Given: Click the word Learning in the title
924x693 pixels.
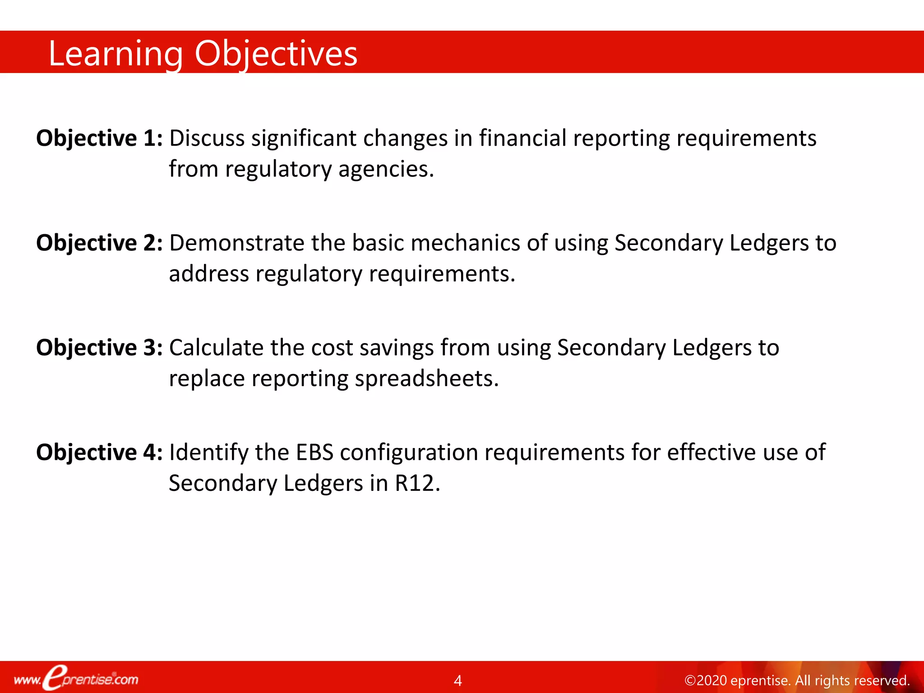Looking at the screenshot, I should click(x=115, y=54).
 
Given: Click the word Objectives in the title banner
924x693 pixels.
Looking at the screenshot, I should click(x=276, y=54).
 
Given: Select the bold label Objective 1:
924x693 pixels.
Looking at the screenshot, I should click(x=99, y=138).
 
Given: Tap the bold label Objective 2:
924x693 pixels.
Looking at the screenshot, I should click(x=99, y=243).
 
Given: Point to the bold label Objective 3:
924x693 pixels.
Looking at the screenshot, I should click(x=99, y=347).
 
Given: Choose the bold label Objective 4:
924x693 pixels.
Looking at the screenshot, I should click(x=99, y=452).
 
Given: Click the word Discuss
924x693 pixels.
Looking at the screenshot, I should click(x=207, y=138).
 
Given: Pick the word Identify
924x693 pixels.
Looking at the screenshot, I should click(x=208, y=453).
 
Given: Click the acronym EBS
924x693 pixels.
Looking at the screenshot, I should click(x=314, y=452).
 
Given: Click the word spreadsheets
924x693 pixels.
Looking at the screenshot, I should click(x=426, y=379).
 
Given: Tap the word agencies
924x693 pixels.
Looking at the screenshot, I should click(x=386, y=170).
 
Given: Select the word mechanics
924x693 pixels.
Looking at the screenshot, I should click(x=466, y=243).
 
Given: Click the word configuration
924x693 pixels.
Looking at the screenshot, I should click(x=409, y=453).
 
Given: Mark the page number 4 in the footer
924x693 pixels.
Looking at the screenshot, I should click(x=458, y=680).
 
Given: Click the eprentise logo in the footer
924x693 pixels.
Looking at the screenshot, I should click(x=76, y=679).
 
